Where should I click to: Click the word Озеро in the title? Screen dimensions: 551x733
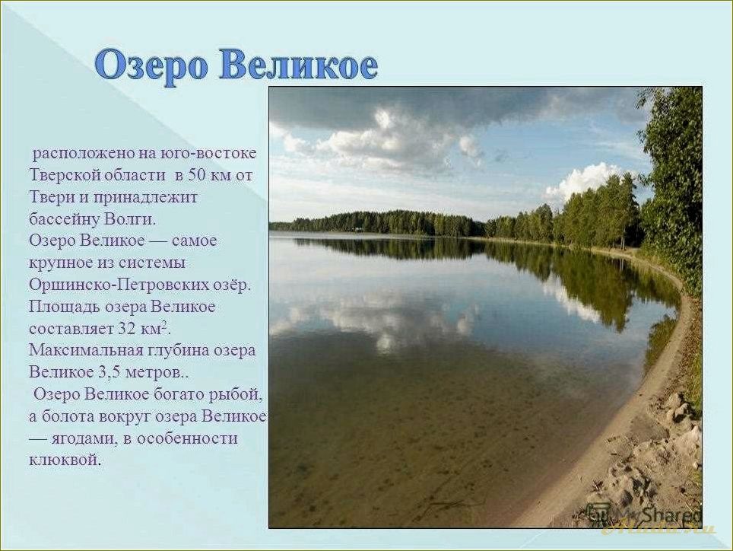pyautogui.click(x=152, y=66)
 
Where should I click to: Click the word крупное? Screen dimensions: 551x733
pyautogui.click(x=62, y=263)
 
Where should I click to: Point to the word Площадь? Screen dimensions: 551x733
pyautogui.click(x=59, y=307)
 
